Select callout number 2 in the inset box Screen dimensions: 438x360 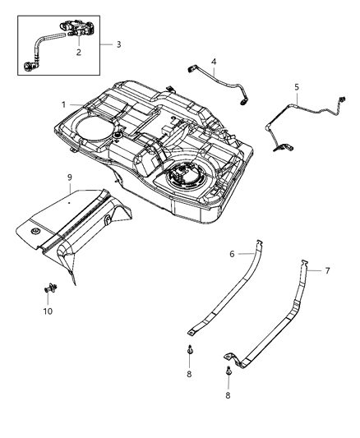pyautogui.click(x=79, y=52)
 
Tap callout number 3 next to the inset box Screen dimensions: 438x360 pyautogui.click(x=118, y=44)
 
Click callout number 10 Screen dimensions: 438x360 pyautogui.click(x=47, y=311)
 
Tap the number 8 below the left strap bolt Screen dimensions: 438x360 pyautogui.click(x=190, y=373)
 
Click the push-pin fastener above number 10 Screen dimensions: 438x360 pyautogui.click(x=47, y=288)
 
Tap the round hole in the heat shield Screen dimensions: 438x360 pyautogui.click(x=37, y=237)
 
